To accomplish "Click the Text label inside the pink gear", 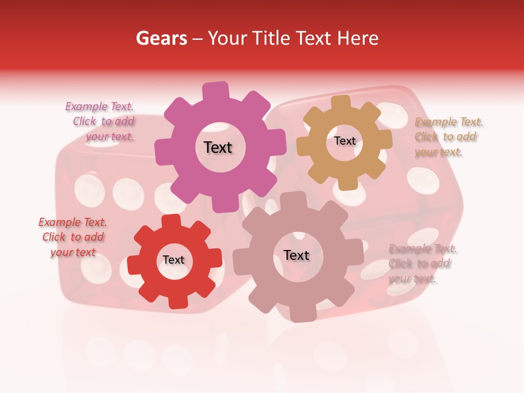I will click(218, 147).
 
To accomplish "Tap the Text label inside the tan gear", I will click(344, 141).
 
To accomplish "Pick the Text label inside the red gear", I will click(174, 260).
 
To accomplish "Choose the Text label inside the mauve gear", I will click(296, 255).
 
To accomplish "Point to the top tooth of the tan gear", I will click(341, 103).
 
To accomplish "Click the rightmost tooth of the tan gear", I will click(385, 138).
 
